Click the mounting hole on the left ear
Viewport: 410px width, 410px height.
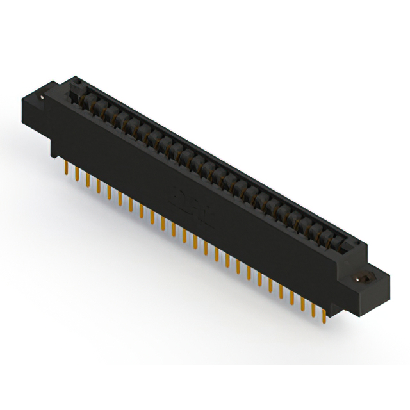(43, 97)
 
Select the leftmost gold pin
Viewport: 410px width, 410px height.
(67, 167)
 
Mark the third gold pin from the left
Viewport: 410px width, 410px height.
(88, 179)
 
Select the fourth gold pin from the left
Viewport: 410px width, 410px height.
(99, 185)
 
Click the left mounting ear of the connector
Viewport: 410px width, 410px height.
(38, 106)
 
